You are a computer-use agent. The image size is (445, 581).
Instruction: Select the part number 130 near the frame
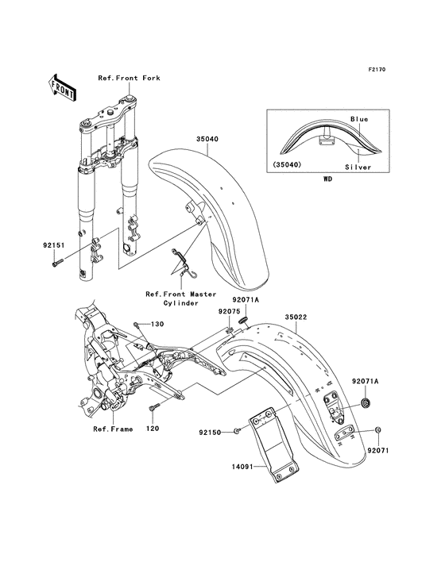tap(157, 324)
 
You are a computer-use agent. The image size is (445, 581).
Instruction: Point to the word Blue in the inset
tap(359, 119)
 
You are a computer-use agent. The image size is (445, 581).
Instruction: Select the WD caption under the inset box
tap(327, 179)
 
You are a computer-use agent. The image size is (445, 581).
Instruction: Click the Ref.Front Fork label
tap(128, 78)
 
